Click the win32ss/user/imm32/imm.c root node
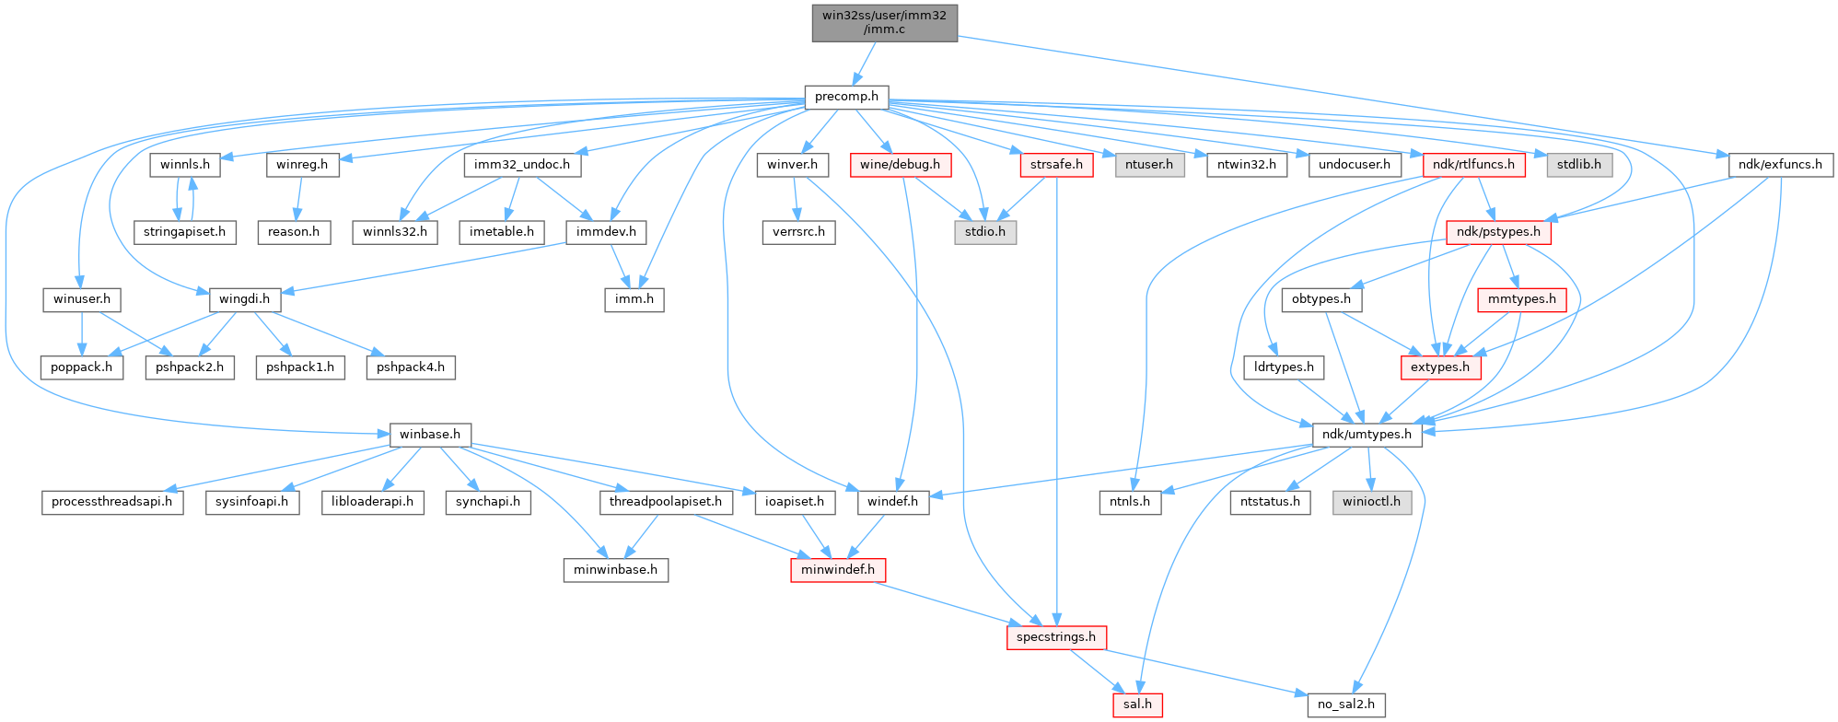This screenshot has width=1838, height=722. pos(884,22)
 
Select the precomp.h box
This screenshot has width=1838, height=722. pos(846,97)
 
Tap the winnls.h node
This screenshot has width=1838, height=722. pos(185,165)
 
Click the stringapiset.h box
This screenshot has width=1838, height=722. pos(184,232)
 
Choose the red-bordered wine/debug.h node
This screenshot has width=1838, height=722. pos(901,165)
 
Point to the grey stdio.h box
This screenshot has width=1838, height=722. pos(984,232)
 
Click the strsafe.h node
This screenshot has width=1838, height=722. pos(1056,165)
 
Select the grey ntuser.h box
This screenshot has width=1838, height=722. pos(1149,165)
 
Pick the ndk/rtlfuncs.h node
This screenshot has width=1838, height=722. pos(1473,165)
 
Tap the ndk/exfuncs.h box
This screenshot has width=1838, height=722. pos(1780,165)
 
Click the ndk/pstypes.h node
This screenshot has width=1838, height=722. pos(1498,232)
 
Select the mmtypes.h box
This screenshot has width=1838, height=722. pos(1521,299)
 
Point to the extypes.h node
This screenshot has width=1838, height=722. pos(1440,367)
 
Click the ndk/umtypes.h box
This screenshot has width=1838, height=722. pos(1367,434)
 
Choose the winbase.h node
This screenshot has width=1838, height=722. pos(430,434)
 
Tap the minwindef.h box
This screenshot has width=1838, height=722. pos(837,570)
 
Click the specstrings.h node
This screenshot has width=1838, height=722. pos(1055,637)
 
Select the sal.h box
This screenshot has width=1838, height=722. pos(1136,705)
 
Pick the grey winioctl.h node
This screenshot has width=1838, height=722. pos(1371,502)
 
